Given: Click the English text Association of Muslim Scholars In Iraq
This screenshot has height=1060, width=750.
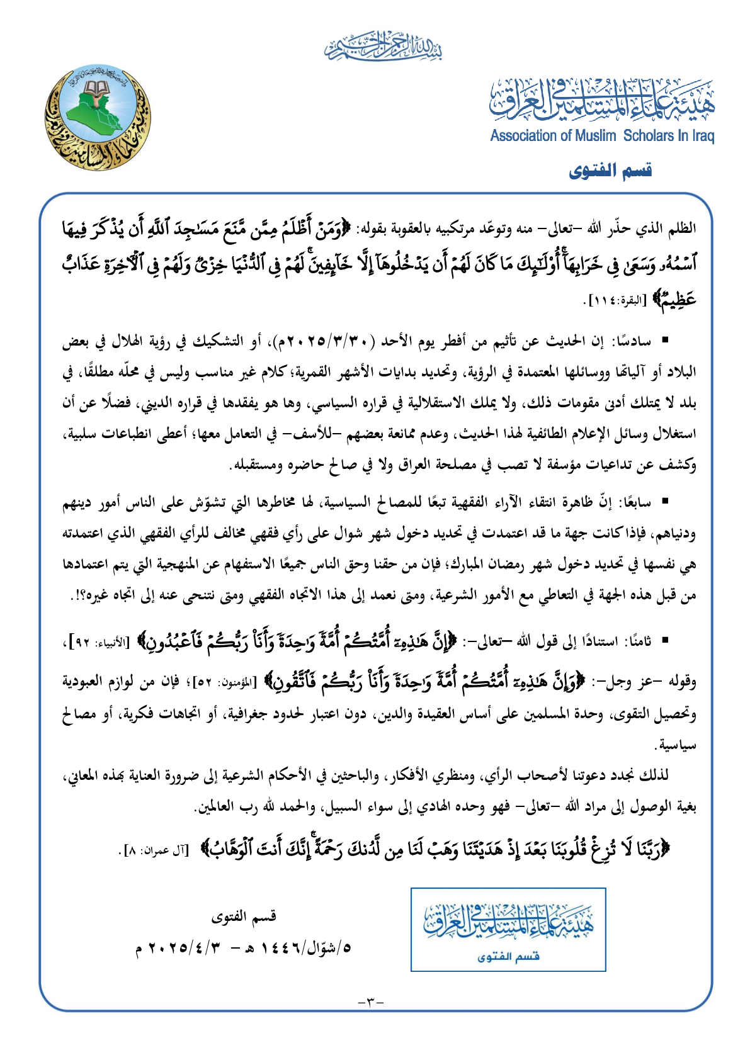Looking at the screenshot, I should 602,135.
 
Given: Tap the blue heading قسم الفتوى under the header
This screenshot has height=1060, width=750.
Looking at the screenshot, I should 610,171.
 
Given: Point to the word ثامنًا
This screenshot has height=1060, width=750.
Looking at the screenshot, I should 639,641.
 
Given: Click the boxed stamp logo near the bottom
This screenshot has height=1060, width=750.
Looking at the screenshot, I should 508,929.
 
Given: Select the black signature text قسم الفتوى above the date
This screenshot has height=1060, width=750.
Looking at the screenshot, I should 244,916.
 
